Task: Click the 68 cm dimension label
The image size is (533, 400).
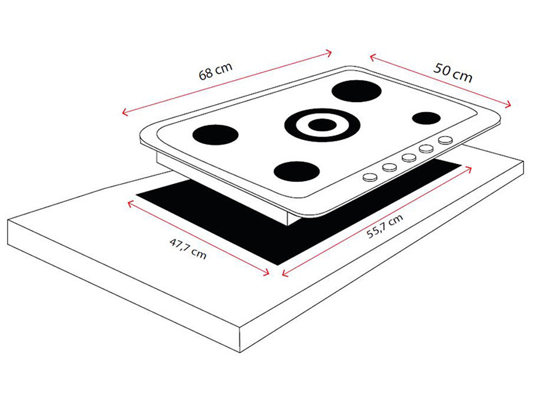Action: pyautogui.click(x=216, y=71)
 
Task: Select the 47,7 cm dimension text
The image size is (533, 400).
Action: pyautogui.click(x=188, y=248)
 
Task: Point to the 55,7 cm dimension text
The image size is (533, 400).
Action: pyautogui.click(x=385, y=226)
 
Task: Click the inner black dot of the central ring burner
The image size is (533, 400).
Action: pyautogui.click(x=322, y=125)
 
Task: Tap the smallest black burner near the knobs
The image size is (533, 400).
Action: pyautogui.click(x=426, y=118)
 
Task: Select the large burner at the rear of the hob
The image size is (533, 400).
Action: pyautogui.click(x=356, y=91)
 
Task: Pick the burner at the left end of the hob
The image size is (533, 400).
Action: pyautogui.click(x=215, y=135)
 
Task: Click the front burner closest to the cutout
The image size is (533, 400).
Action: pyautogui.click(x=296, y=171)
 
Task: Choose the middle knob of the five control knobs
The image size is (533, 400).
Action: pyautogui.click(x=409, y=158)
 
